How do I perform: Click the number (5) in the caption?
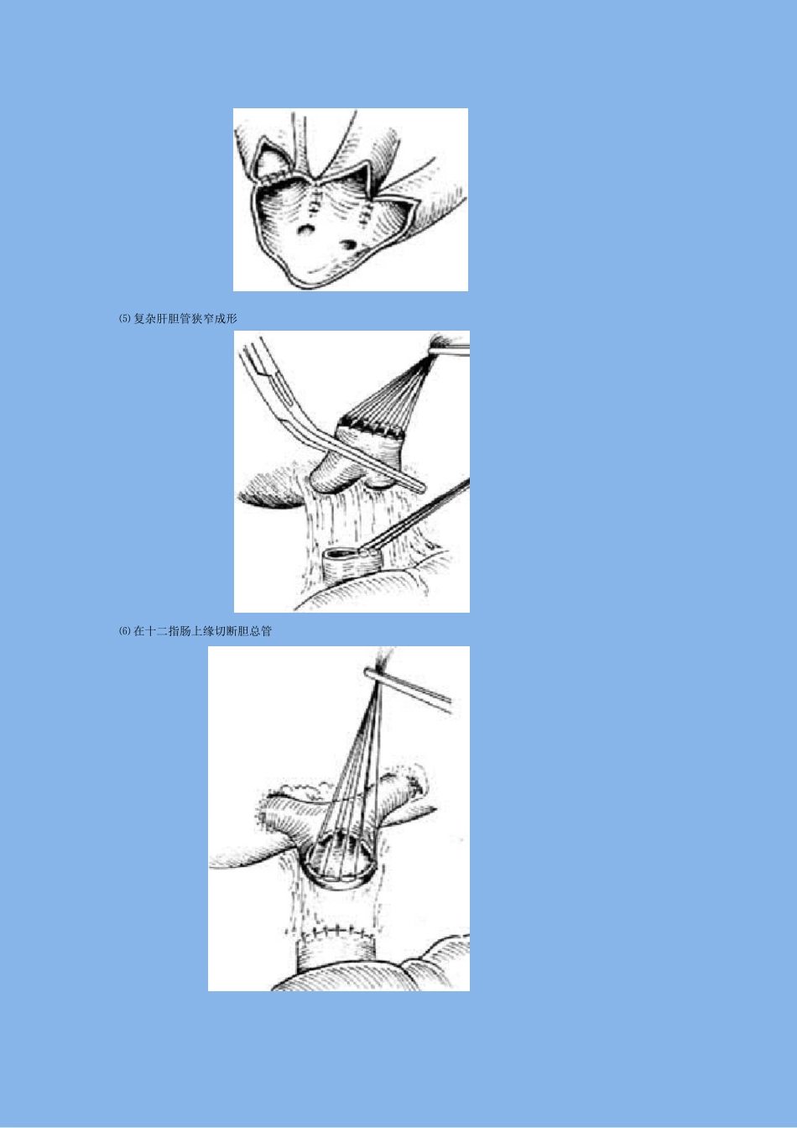click(x=125, y=319)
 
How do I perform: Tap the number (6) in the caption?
click(x=125, y=631)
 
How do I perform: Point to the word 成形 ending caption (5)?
click(x=226, y=319)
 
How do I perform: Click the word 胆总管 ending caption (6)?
click(x=255, y=631)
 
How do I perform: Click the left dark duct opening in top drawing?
click(x=305, y=230)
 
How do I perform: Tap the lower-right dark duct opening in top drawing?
click(x=348, y=245)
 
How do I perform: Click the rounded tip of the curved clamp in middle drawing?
click(x=421, y=488)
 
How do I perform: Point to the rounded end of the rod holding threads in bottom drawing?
click(x=368, y=671)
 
